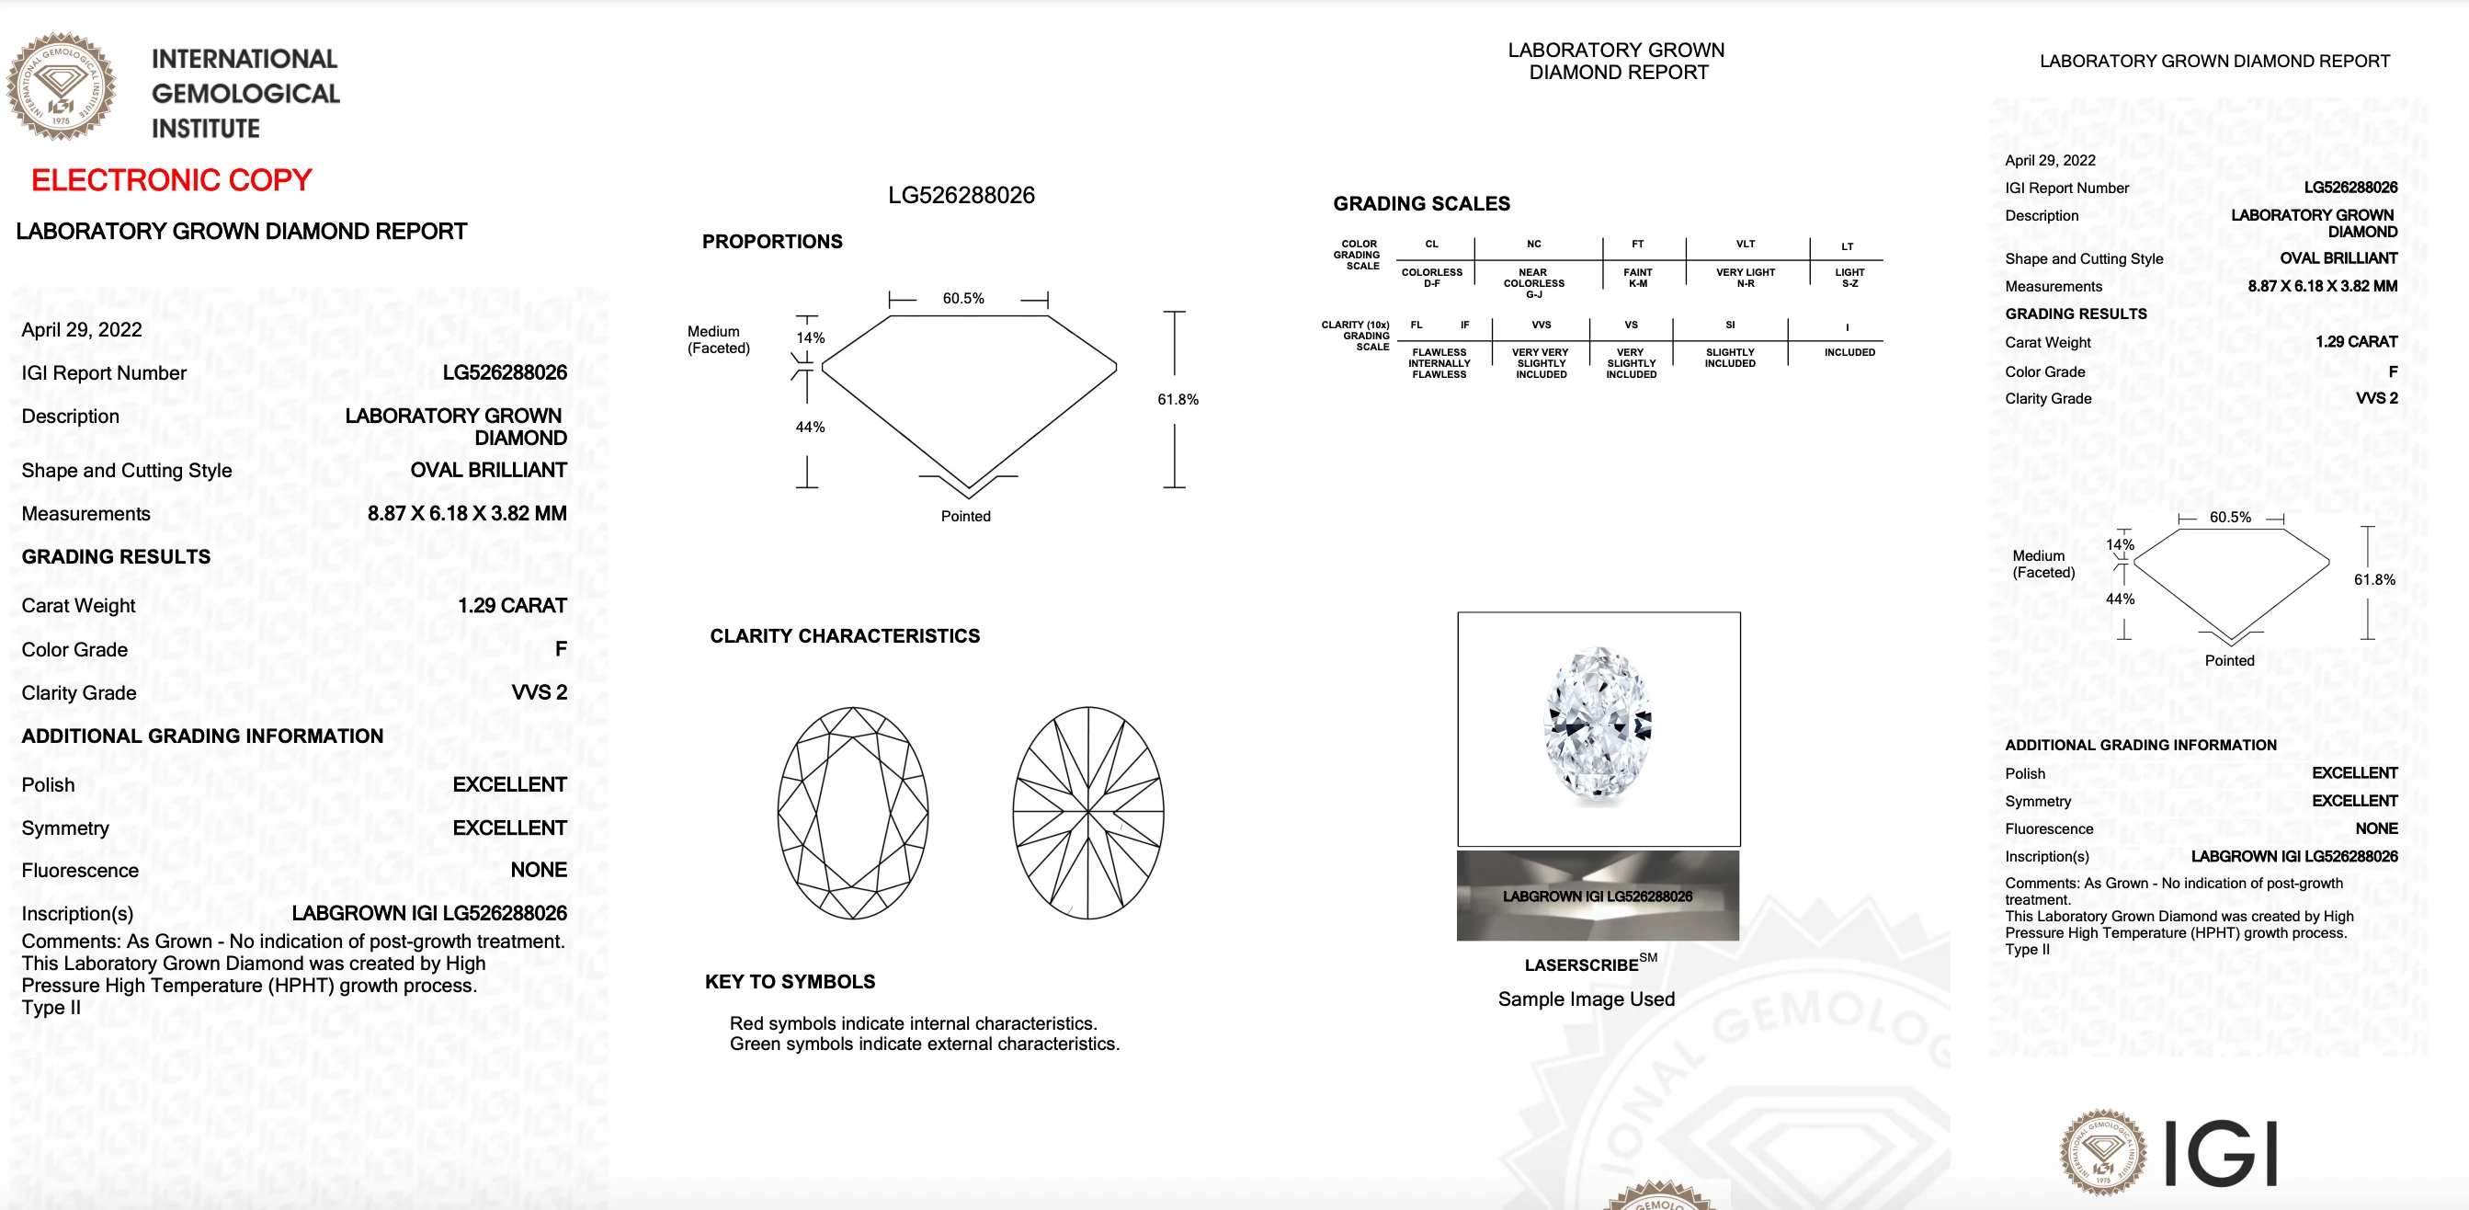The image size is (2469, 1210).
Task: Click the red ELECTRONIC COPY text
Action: (172, 180)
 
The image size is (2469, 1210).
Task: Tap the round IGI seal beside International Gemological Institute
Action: (62, 87)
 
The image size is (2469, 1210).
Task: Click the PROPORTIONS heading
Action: (771, 242)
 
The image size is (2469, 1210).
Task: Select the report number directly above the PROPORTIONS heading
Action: (961, 196)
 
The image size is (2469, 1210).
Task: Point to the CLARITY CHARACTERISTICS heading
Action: (845, 635)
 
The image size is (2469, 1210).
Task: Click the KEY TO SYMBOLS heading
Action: (790, 981)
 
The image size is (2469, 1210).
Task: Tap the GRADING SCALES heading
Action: (1420, 203)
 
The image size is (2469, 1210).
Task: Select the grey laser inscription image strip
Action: (1597, 896)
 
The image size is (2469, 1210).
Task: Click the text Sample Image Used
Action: (1586, 999)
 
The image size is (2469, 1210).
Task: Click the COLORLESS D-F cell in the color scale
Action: (1432, 277)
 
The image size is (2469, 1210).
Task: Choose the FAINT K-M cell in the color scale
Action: (1637, 277)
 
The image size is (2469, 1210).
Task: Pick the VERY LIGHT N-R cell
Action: (1746, 277)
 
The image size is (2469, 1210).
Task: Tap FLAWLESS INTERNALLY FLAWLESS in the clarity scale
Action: (1439, 363)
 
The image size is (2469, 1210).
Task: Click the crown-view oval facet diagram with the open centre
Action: (852, 812)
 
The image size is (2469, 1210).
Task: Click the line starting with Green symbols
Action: (924, 1044)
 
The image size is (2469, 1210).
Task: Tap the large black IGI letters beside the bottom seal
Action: (2220, 1153)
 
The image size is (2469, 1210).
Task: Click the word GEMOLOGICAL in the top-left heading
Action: (245, 94)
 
